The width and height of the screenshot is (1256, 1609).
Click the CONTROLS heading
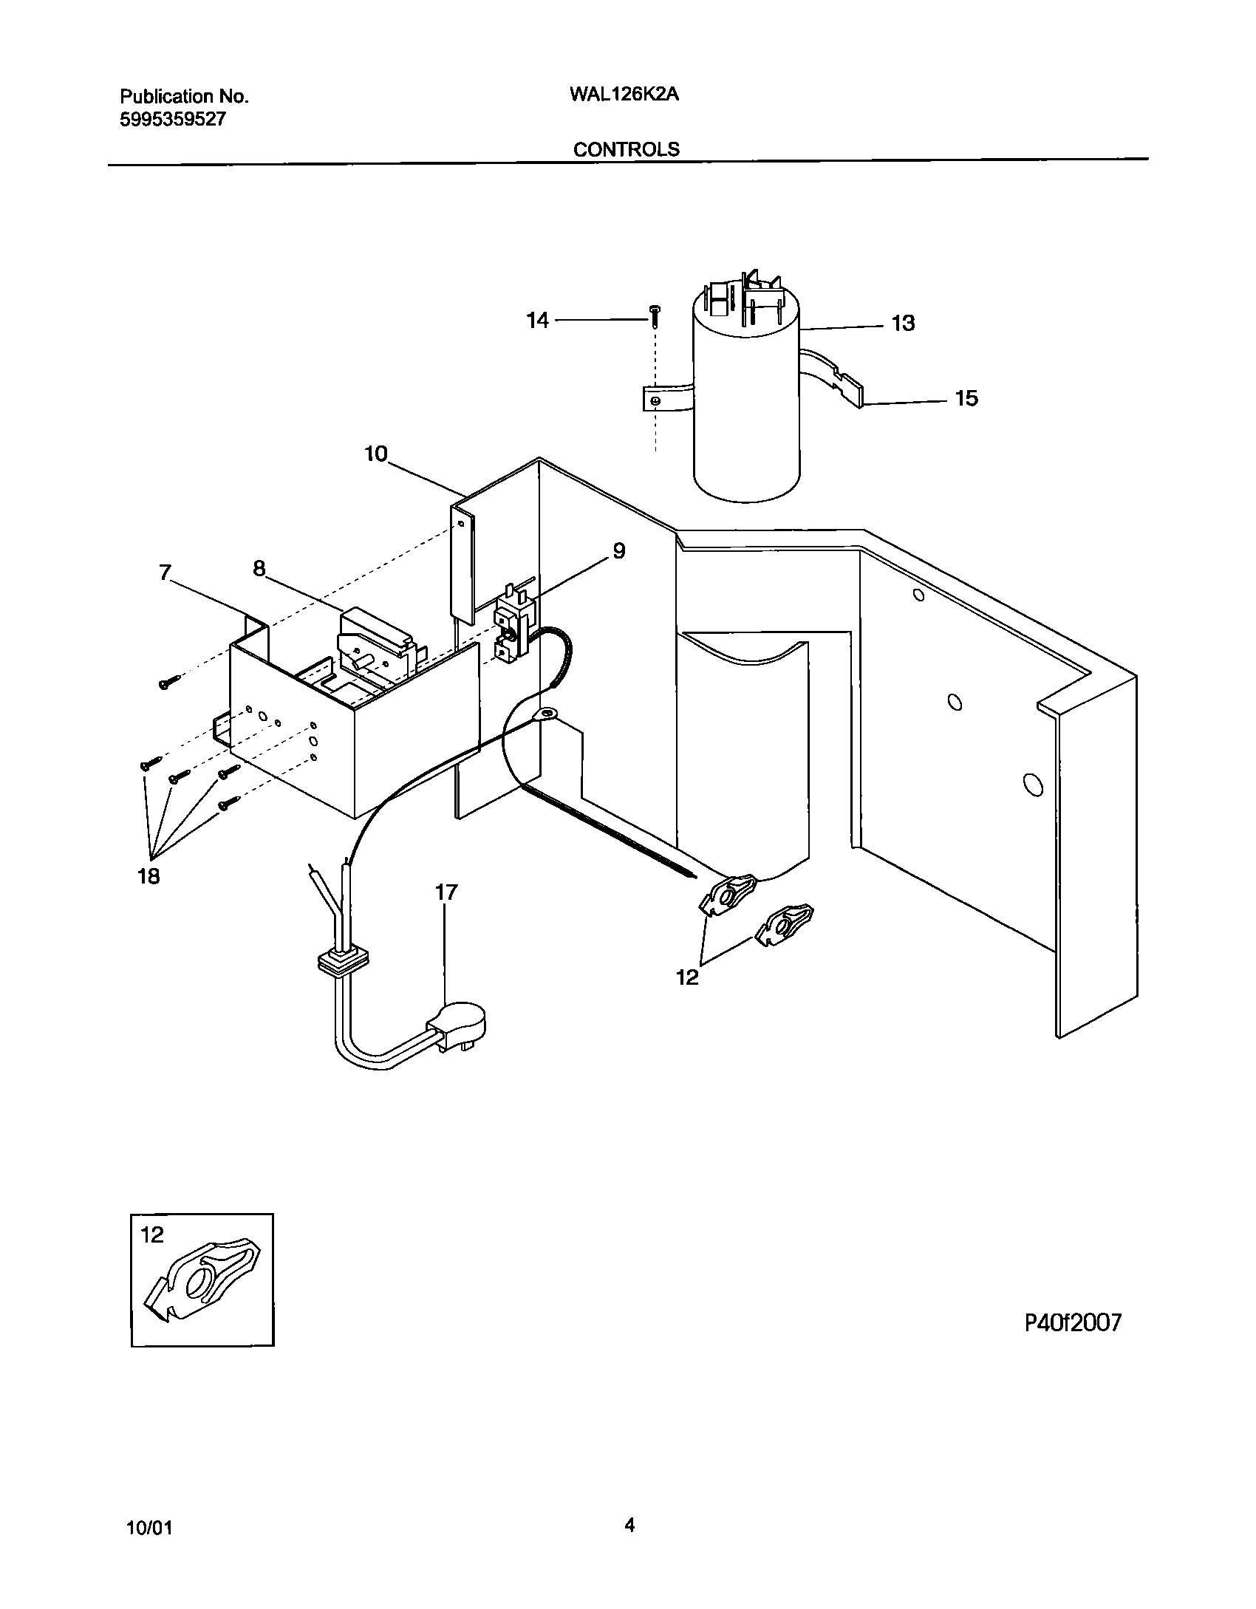(626, 149)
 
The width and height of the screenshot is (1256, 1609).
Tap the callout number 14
(537, 320)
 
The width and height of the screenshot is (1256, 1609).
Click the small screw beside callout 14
(655, 315)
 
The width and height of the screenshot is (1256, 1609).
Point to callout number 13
(903, 323)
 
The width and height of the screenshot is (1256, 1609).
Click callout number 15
(966, 398)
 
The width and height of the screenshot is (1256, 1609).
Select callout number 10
(376, 454)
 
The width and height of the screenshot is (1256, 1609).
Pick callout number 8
(259, 568)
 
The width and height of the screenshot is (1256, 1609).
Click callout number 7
(165, 573)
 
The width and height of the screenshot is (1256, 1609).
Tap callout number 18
(149, 876)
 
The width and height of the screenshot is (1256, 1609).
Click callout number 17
(446, 892)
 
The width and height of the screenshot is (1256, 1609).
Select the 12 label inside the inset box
(152, 1234)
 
